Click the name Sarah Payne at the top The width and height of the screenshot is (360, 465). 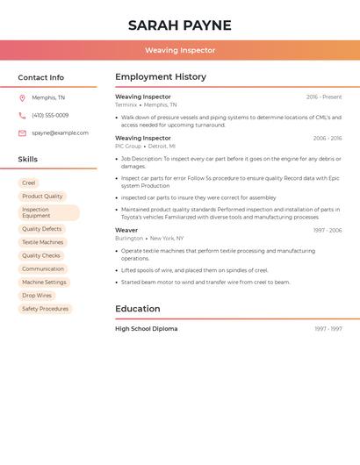[180, 25]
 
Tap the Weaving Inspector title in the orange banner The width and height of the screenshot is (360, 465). [180, 50]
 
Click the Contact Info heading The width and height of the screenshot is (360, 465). [41, 77]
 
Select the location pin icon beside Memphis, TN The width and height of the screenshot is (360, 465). [22, 97]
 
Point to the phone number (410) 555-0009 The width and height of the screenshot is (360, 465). [50, 115]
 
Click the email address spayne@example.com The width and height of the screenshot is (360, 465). [60, 132]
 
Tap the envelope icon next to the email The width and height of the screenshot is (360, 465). [22, 133]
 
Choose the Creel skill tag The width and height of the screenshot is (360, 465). [29, 183]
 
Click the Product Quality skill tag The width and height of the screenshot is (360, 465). [42, 197]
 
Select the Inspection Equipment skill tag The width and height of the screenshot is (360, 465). [48, 212]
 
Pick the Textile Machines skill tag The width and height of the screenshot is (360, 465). [43, 242]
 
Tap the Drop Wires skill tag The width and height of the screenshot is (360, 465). [37, 296]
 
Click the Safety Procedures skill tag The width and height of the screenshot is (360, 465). [45, 309]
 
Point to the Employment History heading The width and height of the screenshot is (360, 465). [161, 77]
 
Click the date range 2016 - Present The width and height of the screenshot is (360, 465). [324, 97]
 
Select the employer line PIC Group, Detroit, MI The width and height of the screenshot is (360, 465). [145, 146]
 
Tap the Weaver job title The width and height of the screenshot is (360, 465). [126, 230]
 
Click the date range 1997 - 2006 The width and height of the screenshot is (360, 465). [328, 230]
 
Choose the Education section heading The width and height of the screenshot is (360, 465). [138, 309]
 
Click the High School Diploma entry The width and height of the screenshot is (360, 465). [146, 329]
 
